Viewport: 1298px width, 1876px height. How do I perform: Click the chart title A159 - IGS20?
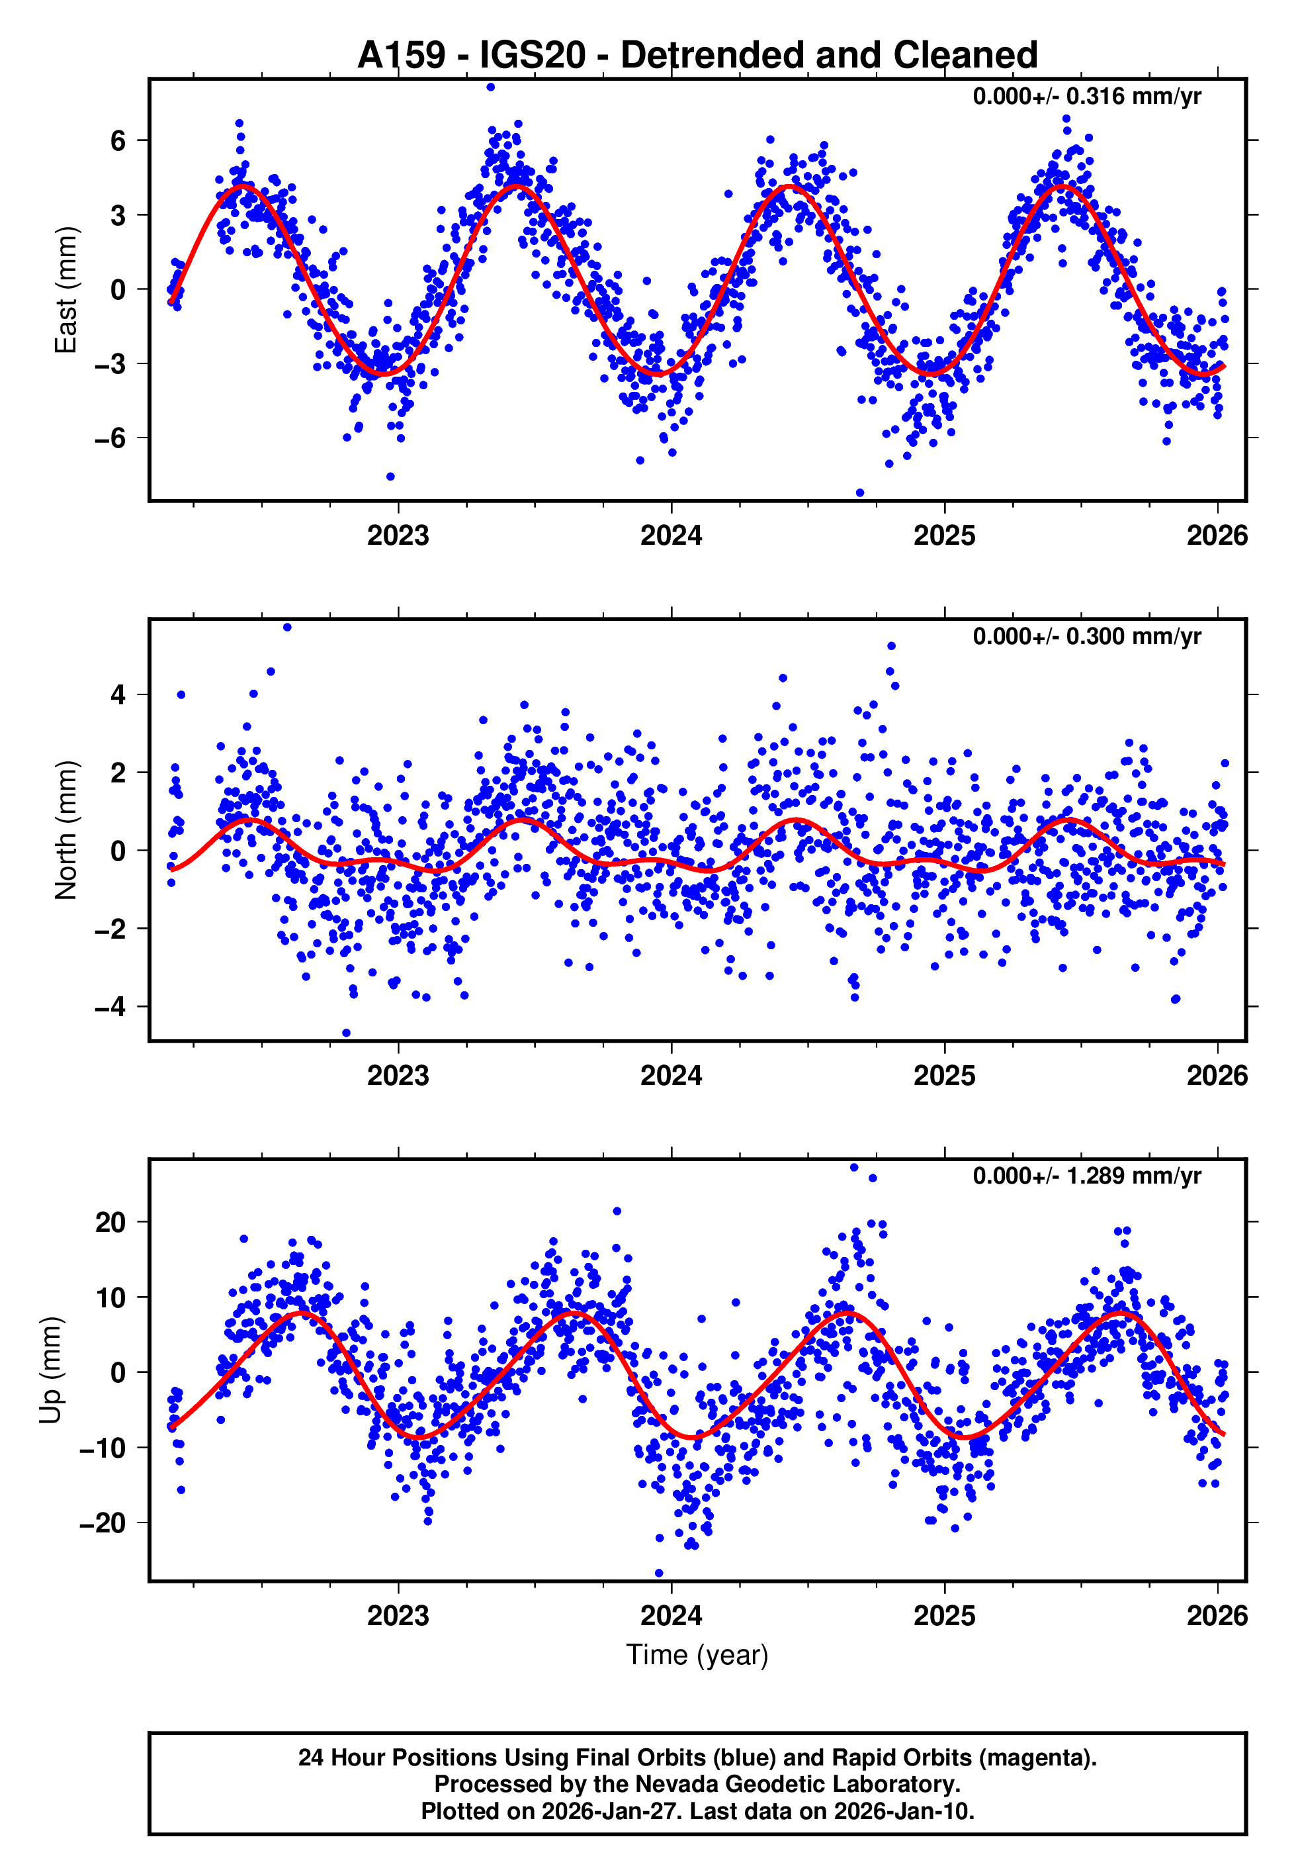click(697, 56)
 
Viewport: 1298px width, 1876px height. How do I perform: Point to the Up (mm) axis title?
click(50, 1370)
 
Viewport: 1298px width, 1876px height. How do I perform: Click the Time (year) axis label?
click(697, 1655)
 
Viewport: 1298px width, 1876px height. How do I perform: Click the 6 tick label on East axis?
click(118, 141)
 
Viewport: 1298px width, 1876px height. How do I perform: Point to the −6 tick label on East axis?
click(110, 438)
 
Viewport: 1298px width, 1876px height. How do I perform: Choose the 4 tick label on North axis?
click(118, 695)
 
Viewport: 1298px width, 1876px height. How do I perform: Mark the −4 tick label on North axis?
click(110, 1007)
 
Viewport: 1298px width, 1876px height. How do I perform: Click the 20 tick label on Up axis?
click(110, 1222)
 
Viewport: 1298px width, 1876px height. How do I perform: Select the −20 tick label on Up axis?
click(103, 1523)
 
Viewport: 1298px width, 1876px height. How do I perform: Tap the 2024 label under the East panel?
click(671, 536)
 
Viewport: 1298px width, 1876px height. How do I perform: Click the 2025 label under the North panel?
click(944, 1076)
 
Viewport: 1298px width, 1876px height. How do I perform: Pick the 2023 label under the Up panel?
click(398, 1615)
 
